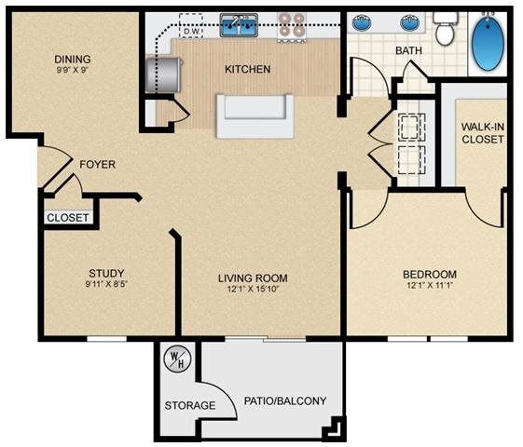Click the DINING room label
72,59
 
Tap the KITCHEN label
248,69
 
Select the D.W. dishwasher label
191,32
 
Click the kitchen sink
239,26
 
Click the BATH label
409,50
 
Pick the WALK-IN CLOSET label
482,132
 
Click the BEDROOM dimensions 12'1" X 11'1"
429,287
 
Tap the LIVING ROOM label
253,278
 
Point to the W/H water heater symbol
175,359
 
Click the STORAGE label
190,405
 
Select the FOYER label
97,165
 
